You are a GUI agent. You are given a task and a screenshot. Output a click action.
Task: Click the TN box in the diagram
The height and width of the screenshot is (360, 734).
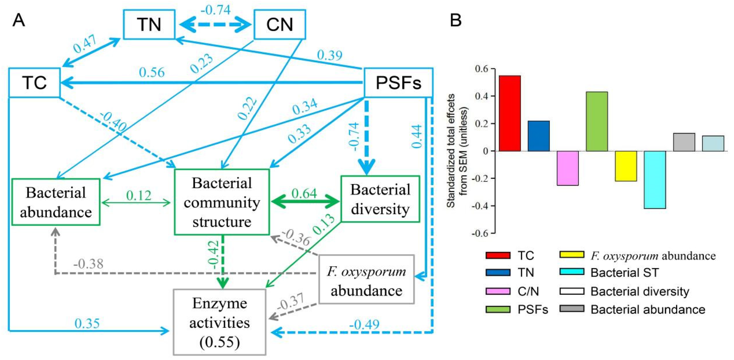tap(149, 24)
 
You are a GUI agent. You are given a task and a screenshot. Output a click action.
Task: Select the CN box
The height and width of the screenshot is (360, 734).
tap(279, 24)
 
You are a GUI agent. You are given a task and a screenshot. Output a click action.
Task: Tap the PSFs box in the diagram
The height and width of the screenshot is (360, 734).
tap(398, 83)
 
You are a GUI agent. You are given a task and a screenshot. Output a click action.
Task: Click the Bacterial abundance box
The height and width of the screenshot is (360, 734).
tap(56, 202)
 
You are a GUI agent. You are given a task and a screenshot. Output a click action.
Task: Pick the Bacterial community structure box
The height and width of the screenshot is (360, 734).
tap(222, 202)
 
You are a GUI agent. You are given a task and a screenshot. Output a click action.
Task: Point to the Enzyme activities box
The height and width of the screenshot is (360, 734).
tap(219, 322)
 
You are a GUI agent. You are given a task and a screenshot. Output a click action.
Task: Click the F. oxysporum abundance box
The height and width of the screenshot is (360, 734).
tap(366, 280)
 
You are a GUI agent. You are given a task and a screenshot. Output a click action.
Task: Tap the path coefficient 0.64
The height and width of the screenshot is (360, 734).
tap(304, 194)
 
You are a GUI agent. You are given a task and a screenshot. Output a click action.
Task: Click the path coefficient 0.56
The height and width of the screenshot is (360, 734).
tap(152, 73)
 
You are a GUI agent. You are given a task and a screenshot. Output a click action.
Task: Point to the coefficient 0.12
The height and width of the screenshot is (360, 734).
tap(138, 196)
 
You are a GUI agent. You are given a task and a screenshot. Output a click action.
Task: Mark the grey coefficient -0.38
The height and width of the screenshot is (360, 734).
tap(88, 264)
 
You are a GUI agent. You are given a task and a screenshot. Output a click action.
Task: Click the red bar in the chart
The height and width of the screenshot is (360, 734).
tap(510, 113)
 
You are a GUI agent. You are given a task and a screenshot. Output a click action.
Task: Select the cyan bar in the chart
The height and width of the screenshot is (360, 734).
tap(655, 180)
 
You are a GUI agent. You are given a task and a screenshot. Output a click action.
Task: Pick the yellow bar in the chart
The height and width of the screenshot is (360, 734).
tap(626, 166)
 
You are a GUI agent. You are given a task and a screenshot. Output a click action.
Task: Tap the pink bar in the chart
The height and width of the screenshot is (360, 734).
tap(568, 168)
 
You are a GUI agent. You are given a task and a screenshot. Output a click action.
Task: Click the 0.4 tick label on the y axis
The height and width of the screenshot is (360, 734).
tap(481, 96)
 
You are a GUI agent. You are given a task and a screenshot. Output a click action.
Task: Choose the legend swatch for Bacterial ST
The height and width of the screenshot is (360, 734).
tap(572, 272)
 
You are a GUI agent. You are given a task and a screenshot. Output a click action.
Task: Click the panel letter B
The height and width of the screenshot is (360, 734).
tap(455, 21)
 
